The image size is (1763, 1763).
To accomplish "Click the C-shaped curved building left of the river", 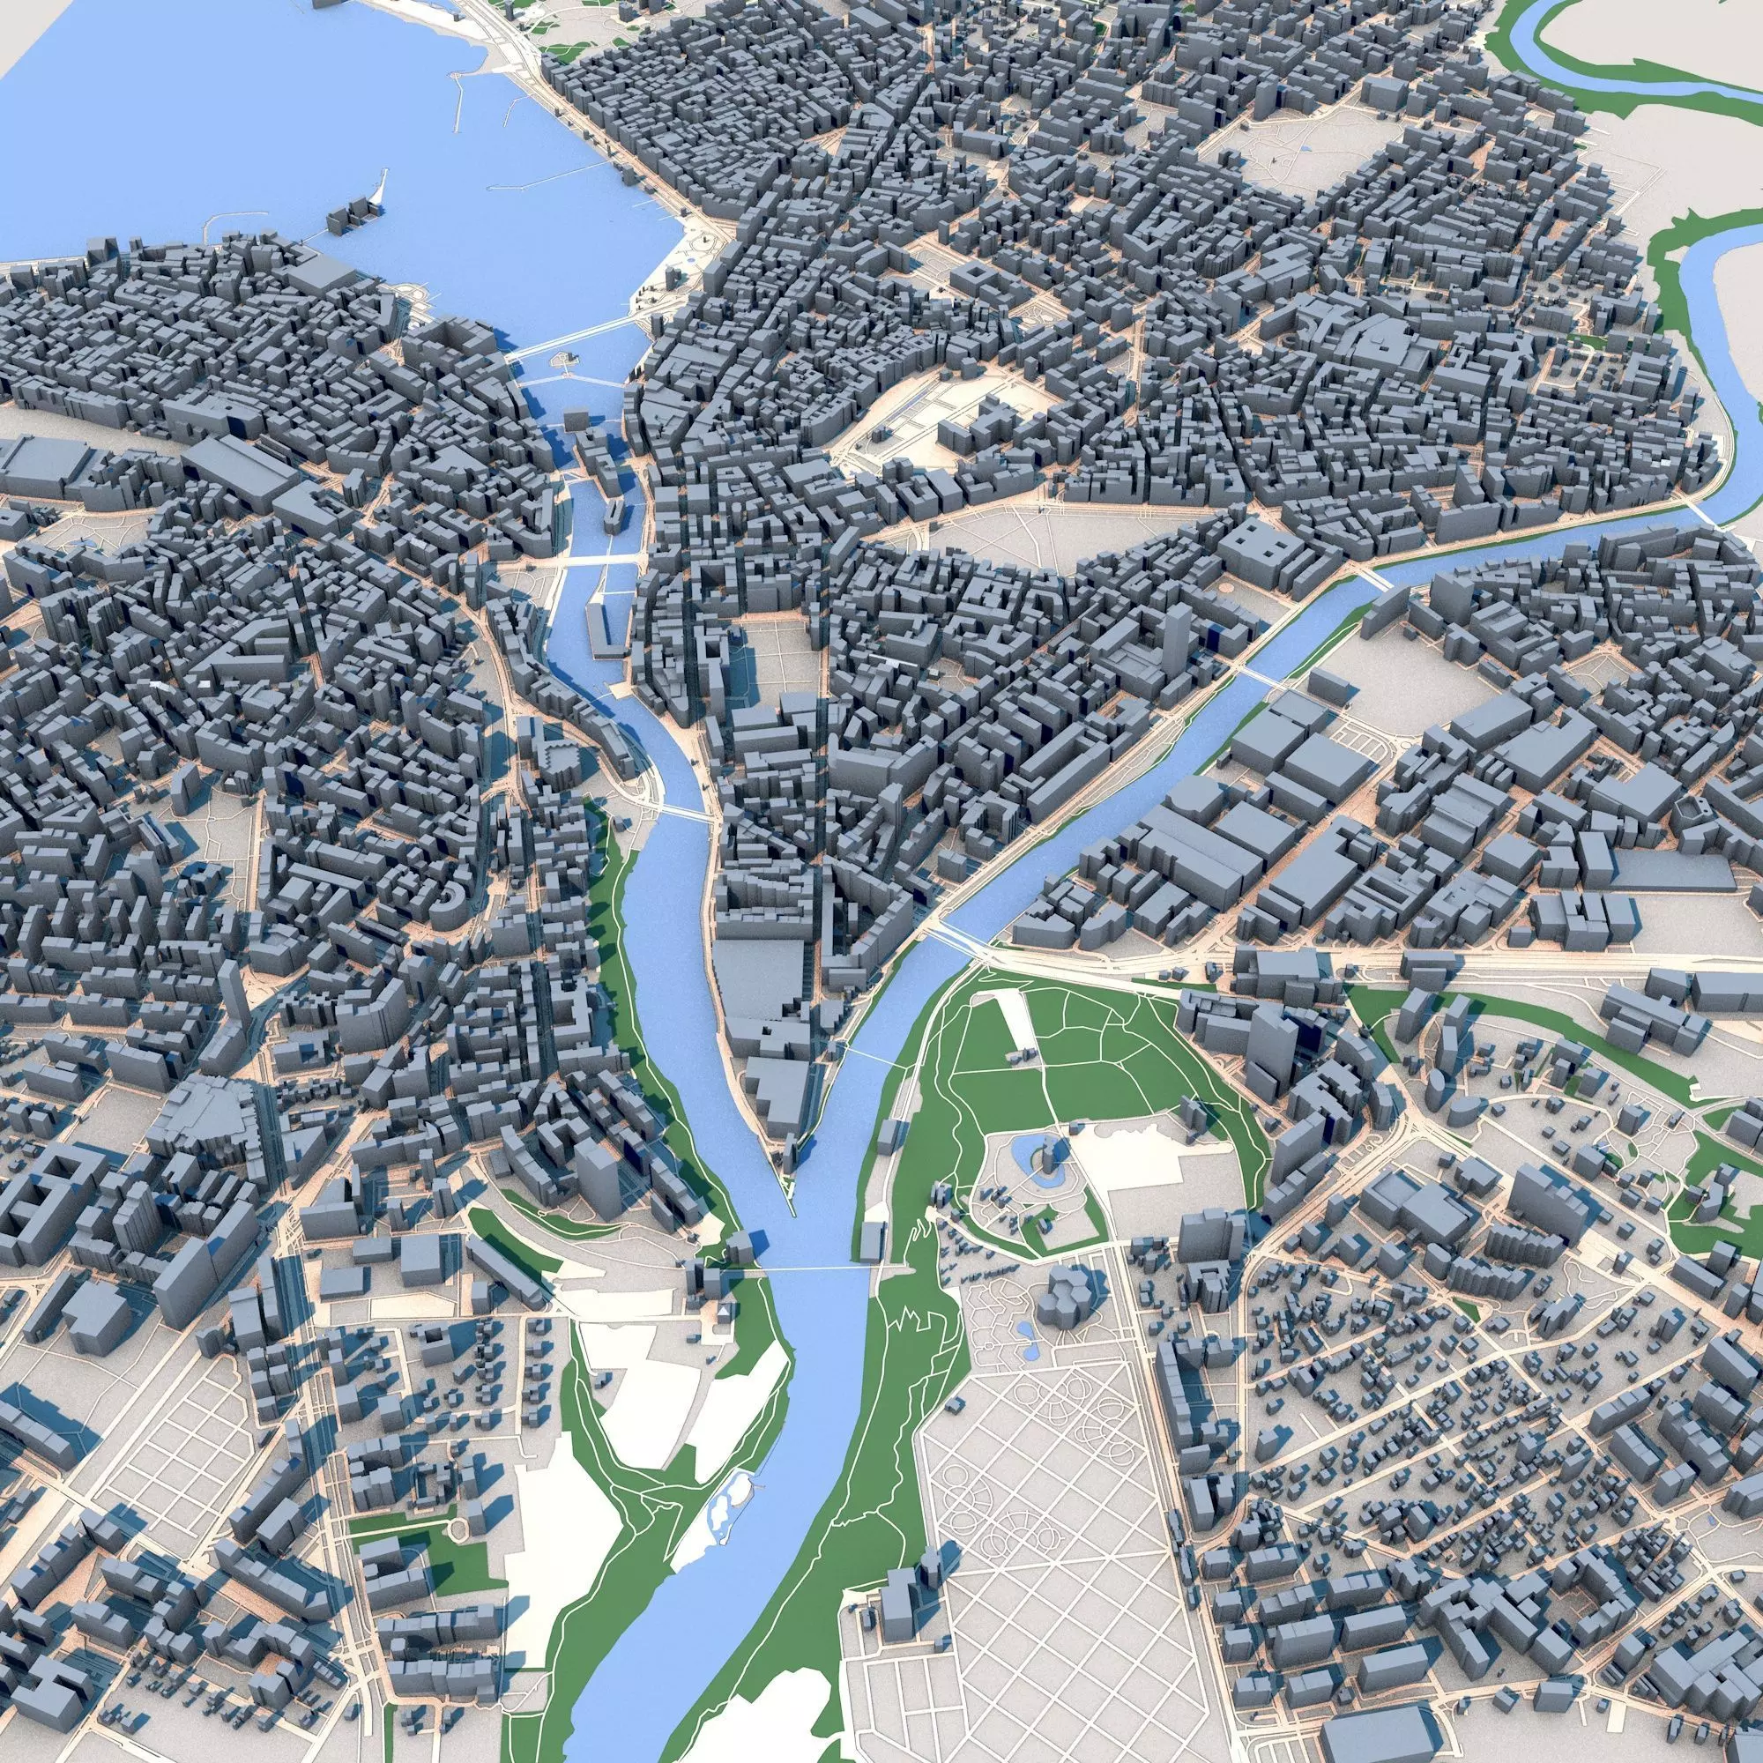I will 450,906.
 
